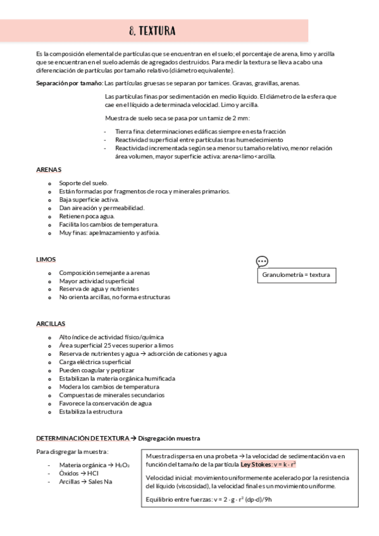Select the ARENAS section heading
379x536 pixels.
point(49,169)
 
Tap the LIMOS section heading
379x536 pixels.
point(46,259)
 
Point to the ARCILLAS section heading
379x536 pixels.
point(51,324)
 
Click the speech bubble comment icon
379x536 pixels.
point(262,262)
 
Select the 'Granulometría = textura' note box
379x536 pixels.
point(295,276)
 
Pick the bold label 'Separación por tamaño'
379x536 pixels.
point(69,83)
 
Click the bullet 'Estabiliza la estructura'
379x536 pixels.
point(90,411)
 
